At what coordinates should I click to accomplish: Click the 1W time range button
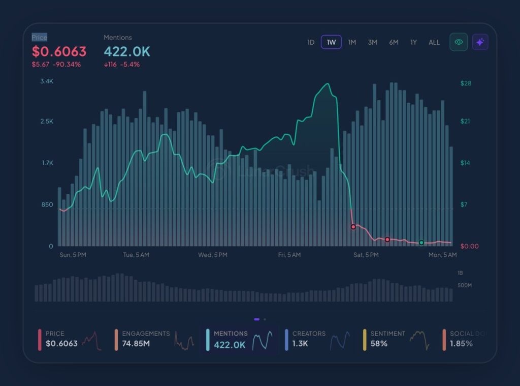pyautogui.click(x=331, y=42)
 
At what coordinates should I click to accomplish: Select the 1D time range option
pyautogui.click(x=311, y=42)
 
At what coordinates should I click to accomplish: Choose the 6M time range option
pyautogui.click(x=394, y=42)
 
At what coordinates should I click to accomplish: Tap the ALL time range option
pyautogui.click(x=434, y=42)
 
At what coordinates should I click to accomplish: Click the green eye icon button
pyautogui.click(x=459, y=42)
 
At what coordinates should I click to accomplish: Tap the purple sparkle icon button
pyautogui.click(x=480, y=42)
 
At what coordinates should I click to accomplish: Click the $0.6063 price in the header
pyautogui.click(x=59, y=51)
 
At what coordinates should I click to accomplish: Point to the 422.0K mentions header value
pyautogui.click(x=127, y=51)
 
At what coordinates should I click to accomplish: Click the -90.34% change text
pyautogui.click(x=67, y=65)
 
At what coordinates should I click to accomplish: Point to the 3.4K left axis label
pyautogui.click(x=47, y=81)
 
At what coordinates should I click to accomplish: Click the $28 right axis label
pyautogui.click(x=466, y=83)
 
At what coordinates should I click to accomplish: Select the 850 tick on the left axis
pyautogui.click(x=47, y=204)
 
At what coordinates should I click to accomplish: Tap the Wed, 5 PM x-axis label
pyautogui.click(x=213, y=255)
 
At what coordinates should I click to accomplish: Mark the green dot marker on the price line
pyautogui.click(x=421, y=243)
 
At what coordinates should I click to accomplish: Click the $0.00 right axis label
pyautogui.click(x=469, y=246)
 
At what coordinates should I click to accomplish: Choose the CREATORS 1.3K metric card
pyautogui.click(x=318, y=339)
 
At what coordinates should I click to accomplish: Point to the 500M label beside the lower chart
pyautogui.click(x=465, y=285)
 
